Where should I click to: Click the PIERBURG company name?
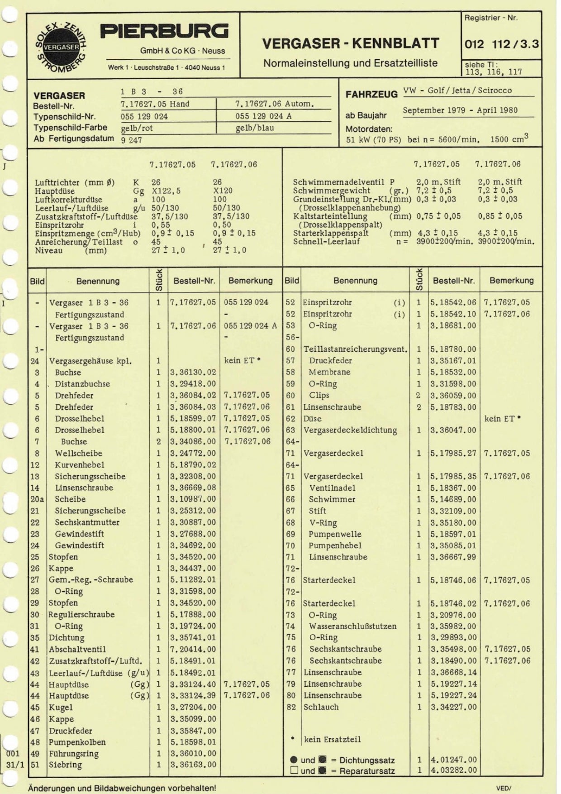pyautogui.click(x=164, y=32)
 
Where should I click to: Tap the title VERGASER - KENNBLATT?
pyautogui.click(x=351, y=43)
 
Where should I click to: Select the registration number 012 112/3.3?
pyautogui.click(x=502, y=44)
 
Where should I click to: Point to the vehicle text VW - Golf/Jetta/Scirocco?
pyautogui.click(x=457, y=91)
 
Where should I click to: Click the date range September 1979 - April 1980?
pyautogui.click(x=460, y=110)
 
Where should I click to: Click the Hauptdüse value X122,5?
pyautogui.click(x=166, y=191)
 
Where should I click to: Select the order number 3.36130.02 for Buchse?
pyautogui.click(x=193, y=373)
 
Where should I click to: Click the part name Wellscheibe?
pyautogui.click(x=79, y=453)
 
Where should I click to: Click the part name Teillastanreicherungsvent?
pyautogui.click(x=355, y=349)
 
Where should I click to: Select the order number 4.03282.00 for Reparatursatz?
pyautogui.click(x=454, y=770)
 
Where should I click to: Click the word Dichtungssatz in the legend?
pyautogui.click(x=367, y=761)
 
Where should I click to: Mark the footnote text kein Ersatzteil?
pyautogui.click(x=333, y=739)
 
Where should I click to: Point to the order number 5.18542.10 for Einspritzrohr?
pyautogui.click(x=454, y=314)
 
